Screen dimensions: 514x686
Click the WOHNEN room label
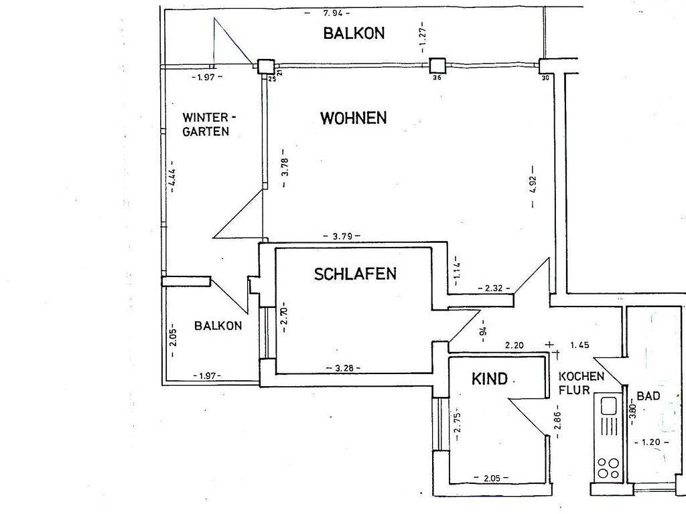pyautogui.click(x=353, y=118)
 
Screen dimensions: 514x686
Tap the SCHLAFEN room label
pyautogui.click(x=355, y=274)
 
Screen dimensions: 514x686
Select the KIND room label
pyautogui.click(x=490, y=379)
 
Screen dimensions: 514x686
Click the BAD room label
pyautogui.click(x=648, y=396)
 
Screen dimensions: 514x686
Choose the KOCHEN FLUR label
pyautogui.click(x=581, y=382)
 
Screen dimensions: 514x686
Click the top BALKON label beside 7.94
pyautogui.click(x=354, y=33)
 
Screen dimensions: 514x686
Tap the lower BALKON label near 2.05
pyautogui.click(x=218, y=326)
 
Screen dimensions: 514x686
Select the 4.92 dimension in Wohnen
pyautogui.click(x=533, y=179)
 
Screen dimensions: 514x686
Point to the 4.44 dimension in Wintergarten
pyautogui.click(x=173, y=179)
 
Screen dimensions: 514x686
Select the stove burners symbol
pyautogui.click(x=608, y=467)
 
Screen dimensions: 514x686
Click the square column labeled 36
pyautogui.click(x=437, y=65)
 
